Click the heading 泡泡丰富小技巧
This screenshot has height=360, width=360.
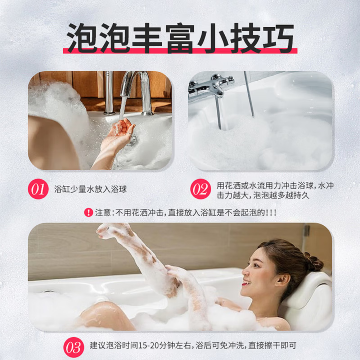tap(180, 38)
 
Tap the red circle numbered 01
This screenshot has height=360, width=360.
tap(38, 189)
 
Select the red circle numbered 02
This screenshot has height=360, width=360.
tap(200, 189)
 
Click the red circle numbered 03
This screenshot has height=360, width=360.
tap(73, 347)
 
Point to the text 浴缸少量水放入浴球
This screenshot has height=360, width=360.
tap(90, 189)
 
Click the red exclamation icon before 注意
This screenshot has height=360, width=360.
tap(89, 212)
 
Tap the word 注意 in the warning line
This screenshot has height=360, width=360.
tap(103, 212)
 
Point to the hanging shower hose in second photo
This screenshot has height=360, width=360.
tap(249, 94)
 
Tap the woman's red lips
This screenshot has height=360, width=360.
tap(246, 283)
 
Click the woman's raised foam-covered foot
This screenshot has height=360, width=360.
tap(108, 231)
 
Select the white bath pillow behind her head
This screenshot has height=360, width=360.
tap(310, 292)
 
